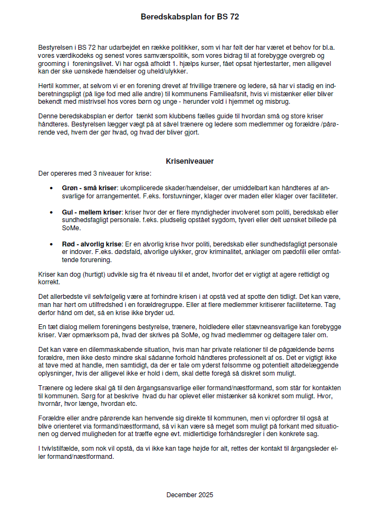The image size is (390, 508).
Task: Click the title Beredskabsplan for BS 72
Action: (x=190, y=17)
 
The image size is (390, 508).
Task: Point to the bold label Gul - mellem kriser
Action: (x=91, y=213)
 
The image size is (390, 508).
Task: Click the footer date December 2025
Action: (x=190, y=494)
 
